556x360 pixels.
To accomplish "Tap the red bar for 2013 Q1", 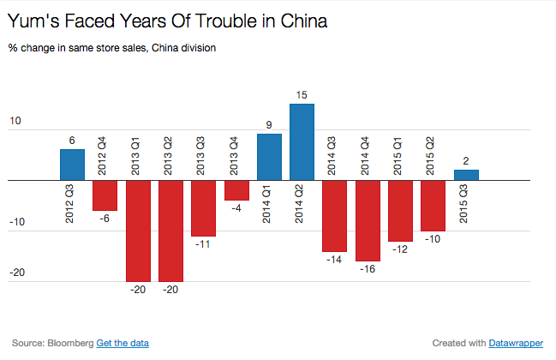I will coord(138,231).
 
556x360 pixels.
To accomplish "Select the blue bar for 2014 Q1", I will coord(269,158).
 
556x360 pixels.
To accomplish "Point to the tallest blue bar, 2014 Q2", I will coord(302,142).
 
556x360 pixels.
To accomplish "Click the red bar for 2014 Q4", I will coord(368,221).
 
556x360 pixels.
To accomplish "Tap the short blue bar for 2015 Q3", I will coord(466,175).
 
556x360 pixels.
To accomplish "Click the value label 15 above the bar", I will coord(302,95).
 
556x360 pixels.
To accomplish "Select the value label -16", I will coord(368,269).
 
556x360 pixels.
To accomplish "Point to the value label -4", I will coord(236,208).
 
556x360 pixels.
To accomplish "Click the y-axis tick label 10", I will coord(15,122).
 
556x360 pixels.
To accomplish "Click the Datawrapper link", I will coord(516,343).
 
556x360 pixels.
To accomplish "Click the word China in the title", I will coord(298,18).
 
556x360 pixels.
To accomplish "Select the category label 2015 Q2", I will coord(433,159).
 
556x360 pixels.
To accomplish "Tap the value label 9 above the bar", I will coord(269,125).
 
